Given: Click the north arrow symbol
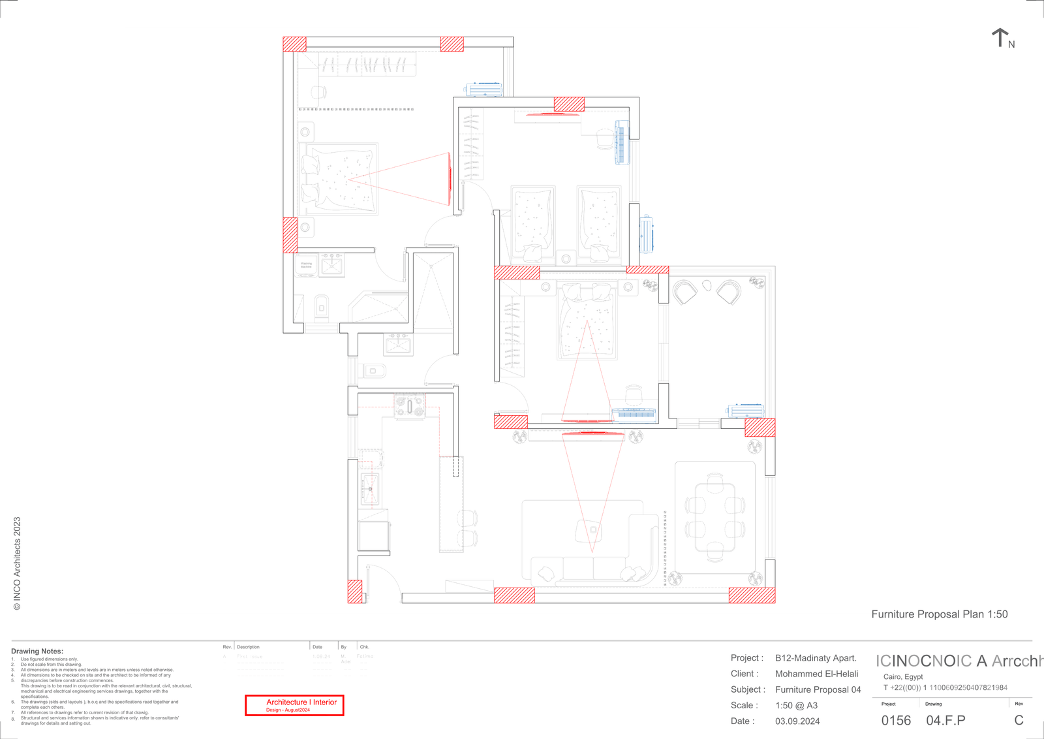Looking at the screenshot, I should (x=1000, y=38).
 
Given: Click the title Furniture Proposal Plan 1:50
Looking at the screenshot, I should (x=939, y=614).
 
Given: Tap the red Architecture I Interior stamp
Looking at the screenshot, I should (x=294, y=705).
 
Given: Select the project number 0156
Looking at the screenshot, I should (x=896, y=721).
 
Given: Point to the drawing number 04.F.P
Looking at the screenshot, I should (x=945, y=721).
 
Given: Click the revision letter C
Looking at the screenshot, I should (x=1019, y=721).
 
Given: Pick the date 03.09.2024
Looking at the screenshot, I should (x=797, y=721).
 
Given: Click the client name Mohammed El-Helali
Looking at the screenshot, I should (x=816, y=674).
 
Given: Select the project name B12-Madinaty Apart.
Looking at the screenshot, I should (x=816, y=658).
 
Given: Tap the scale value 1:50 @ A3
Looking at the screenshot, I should (x=796, y=706).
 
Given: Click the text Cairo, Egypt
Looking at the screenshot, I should (x=903, y=677).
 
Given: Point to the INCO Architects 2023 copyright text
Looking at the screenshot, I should (x=17, y=563).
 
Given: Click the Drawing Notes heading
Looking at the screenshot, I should (x=37, y=651).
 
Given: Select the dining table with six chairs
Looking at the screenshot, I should (x=715, y=518).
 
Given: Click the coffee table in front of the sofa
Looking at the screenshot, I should (x=589, y=530).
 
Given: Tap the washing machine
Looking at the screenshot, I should (x=306, y=266).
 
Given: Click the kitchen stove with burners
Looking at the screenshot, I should (x=409, y=406).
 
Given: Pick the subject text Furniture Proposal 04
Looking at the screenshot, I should (x=818, y=689).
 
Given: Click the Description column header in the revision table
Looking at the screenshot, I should (x=248, y=647).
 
